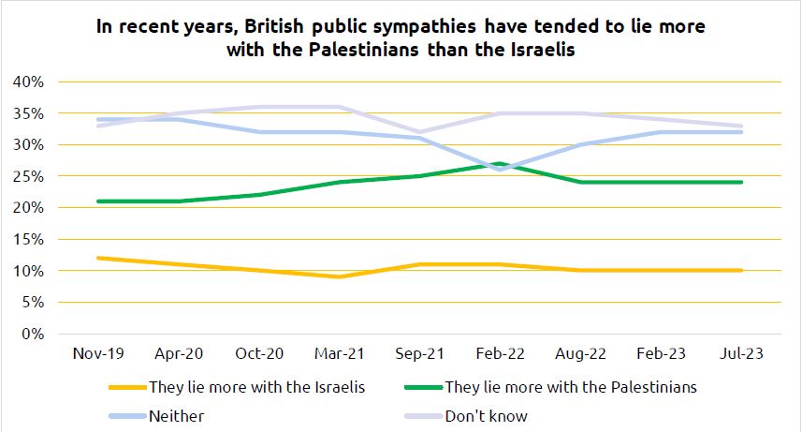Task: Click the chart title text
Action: coord(401,38)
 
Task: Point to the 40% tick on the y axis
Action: coord(28,82)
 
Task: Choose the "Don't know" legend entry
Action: coord(487,415)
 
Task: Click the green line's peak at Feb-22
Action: coord(500,164)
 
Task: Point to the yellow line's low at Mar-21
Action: coord(339,276)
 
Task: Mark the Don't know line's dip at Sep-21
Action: coord(419,132)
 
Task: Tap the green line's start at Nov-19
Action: coord(97,201)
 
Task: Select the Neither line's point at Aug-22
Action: coord(580,144)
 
